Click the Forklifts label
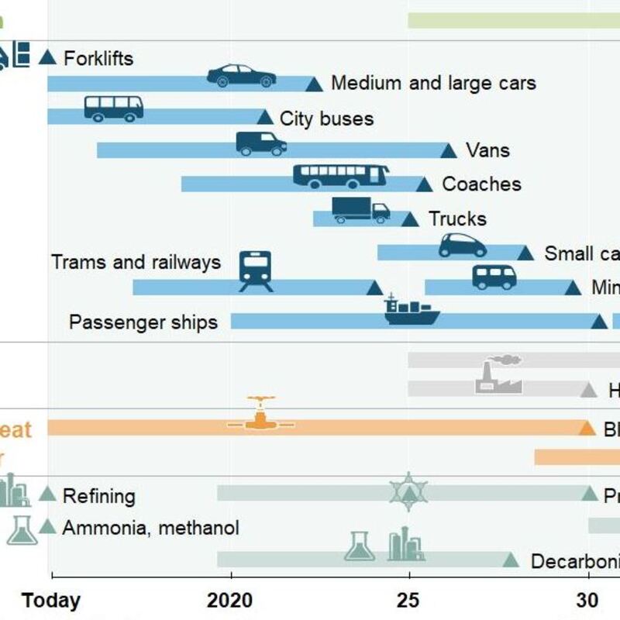pos(98,58)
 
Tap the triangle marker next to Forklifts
pos(48,57)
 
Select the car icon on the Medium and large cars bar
pos(241,76)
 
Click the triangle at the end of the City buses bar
pos(265,118)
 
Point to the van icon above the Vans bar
pos(261,143)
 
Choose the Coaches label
pos(481,184)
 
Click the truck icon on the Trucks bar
pos(360,210)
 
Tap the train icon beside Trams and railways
pos(256,271)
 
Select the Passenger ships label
pos(143,322)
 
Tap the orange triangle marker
pos(587,428)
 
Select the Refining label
pos(99,496)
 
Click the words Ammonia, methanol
pos(150,529)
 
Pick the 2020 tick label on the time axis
pos(230,601)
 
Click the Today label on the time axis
pos(51,601)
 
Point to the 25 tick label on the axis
pos(408,601)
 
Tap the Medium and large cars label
pos(433,83)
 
